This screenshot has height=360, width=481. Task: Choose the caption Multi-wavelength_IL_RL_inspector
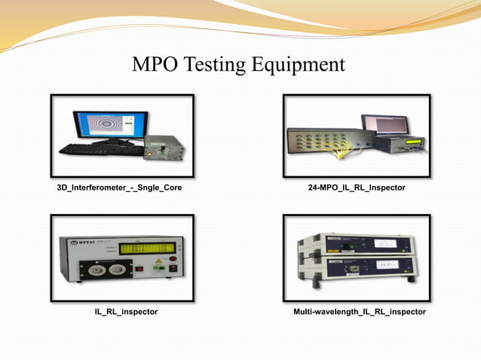click(x=358, y=311)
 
